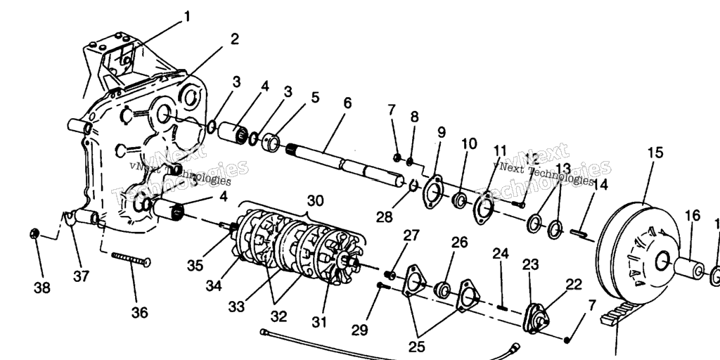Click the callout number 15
click(655, 153)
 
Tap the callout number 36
click(140, 312)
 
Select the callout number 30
click(315, 200)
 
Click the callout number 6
click(347, 103)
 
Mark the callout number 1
click(186, 15)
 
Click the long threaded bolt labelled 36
click(131, 259)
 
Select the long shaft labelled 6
click(352, 163)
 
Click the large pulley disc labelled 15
click(633, 246)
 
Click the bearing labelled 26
click(442, 289)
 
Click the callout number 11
click(500, 150)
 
